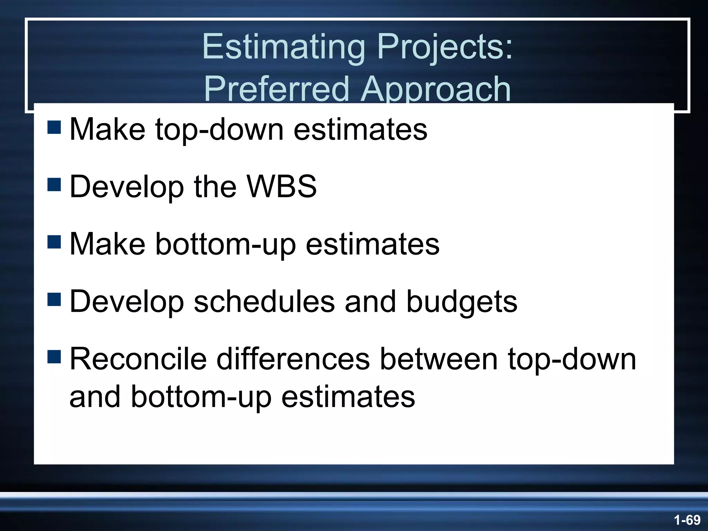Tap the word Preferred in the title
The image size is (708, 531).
277,89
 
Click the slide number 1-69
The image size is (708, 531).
687,520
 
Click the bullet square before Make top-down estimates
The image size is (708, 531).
54,127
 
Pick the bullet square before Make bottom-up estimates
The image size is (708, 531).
54,242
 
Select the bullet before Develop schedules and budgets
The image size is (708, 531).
54,299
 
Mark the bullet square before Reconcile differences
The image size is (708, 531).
54,357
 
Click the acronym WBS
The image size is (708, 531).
282,186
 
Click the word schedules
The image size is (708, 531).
264,301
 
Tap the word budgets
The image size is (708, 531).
462,301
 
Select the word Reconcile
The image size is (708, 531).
138,359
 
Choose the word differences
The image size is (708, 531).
293,359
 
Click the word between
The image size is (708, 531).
439,359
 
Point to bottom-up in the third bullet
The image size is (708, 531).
225,244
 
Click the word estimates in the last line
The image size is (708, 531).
348,397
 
